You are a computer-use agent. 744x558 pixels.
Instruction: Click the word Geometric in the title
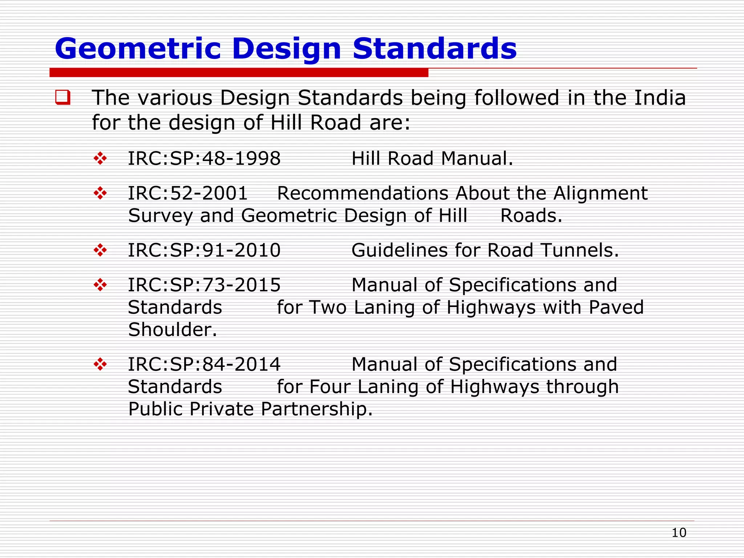[x=138, y=49]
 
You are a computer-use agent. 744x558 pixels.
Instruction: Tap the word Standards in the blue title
[x=434, y=49]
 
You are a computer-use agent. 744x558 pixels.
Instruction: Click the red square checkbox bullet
[x=62, y=97]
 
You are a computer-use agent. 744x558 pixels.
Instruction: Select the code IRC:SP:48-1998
[x=204, y=158]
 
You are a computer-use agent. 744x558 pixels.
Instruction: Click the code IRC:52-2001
[x=187, y=193]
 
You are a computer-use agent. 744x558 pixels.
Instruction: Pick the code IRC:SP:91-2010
[x=204, y=250]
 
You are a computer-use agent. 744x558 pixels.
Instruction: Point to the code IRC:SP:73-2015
[x=204, y=285]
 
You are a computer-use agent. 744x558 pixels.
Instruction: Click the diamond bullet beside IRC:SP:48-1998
[x=100, y=158]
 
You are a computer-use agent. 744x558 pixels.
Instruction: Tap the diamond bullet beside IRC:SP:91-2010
[x=100, y=250]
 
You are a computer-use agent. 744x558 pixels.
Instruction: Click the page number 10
[x=679, y=533]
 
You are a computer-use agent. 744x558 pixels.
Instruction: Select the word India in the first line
[x=660, y=98]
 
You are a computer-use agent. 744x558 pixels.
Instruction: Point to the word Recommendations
[x=363, y=193]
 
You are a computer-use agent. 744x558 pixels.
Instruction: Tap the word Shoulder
[x=172, y=330]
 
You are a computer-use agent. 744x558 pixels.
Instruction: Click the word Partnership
[x=316, y=409]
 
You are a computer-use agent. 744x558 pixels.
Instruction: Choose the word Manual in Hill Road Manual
[x=477, y=158]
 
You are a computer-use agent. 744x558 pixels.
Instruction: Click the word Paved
[x=616, y=307]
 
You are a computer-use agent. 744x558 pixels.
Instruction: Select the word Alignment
[x=601, y=193]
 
